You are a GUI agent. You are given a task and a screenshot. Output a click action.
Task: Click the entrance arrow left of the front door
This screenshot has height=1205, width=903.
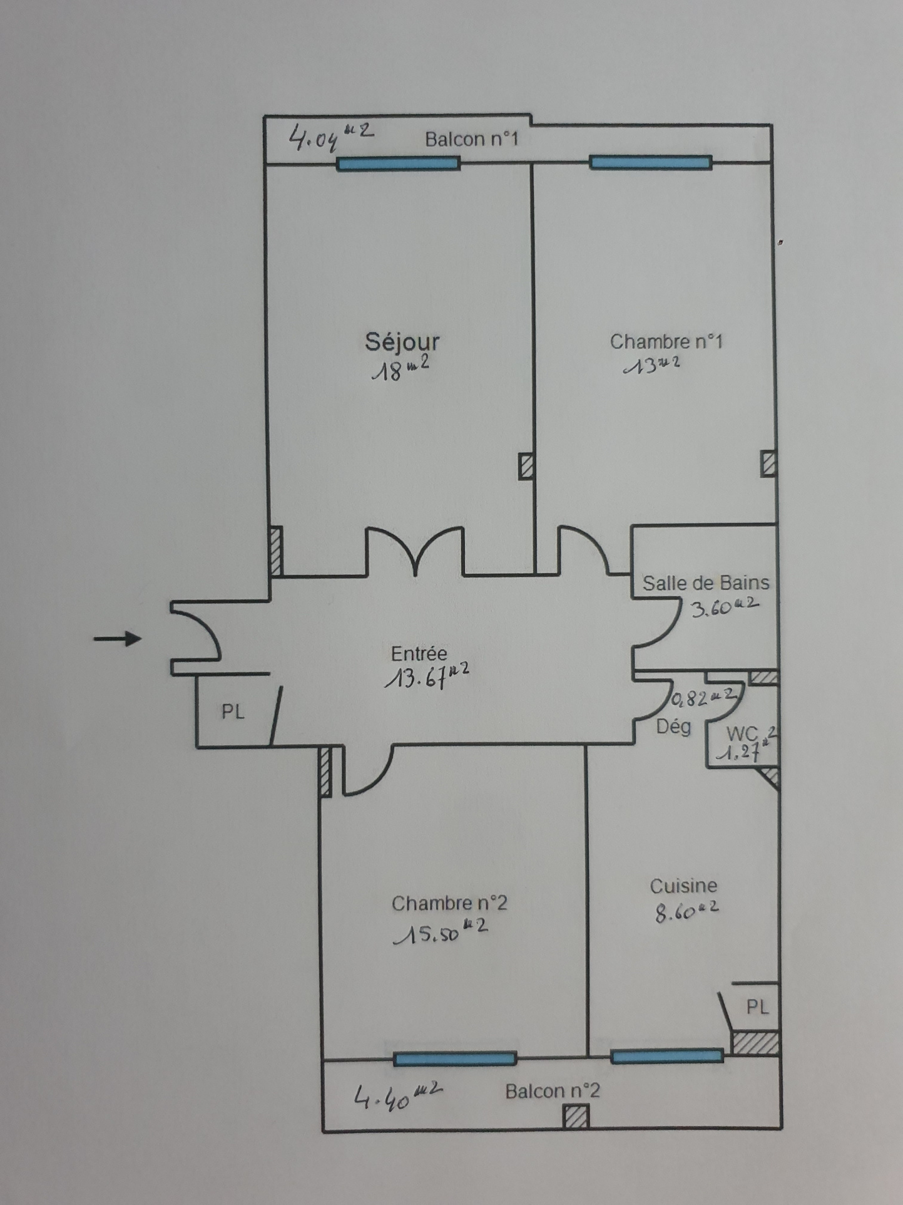pyautogui.click(x=118, y=639)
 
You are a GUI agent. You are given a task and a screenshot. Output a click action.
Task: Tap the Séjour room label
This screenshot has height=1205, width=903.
pyautogui.click(x=402, y=343)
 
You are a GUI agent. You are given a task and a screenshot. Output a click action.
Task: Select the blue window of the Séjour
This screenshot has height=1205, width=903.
pyautogui.click(x=399, y=164)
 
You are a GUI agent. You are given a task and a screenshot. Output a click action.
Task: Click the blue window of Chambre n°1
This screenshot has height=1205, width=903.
pyautogui.click(x=651, y=163)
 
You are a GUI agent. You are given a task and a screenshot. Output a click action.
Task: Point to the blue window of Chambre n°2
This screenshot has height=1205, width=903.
pyautogui.click(x=455, y=1058)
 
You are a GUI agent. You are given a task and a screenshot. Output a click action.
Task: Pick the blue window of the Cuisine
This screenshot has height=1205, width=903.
pyautogui.click(x=667, y=1057)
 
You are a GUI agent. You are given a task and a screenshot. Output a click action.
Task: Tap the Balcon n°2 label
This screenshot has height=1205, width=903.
pyautogui.click(x=553, y=1091)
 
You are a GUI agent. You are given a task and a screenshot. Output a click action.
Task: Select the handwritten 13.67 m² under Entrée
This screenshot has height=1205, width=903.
pyautogui.click(x=427, y=676)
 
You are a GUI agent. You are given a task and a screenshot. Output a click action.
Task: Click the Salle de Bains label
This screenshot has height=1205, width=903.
pyautogui.click(x=706, y=583)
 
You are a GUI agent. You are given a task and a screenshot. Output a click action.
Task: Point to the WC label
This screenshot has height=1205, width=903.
pyautogui.click(x=742, y=733)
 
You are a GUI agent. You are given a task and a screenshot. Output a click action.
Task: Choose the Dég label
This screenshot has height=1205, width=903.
pyautogui.click(x=673, y=727)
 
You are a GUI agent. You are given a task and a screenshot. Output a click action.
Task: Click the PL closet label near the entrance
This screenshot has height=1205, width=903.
pyautogui.click(x=233, y=711)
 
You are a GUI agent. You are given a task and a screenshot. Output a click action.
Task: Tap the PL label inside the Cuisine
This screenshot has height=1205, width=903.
pyautogui.click(x=757, y=1007)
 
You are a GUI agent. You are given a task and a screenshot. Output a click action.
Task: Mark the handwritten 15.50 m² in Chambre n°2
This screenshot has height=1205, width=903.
pyautogui.click(x=441, y=931)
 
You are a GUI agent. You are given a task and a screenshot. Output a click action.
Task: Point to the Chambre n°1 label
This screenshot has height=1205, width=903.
pyautogui.click(x=666, y=341)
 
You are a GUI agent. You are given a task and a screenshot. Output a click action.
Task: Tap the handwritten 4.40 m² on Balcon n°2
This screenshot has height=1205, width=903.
pyautogui.click(x=399, y=1095)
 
